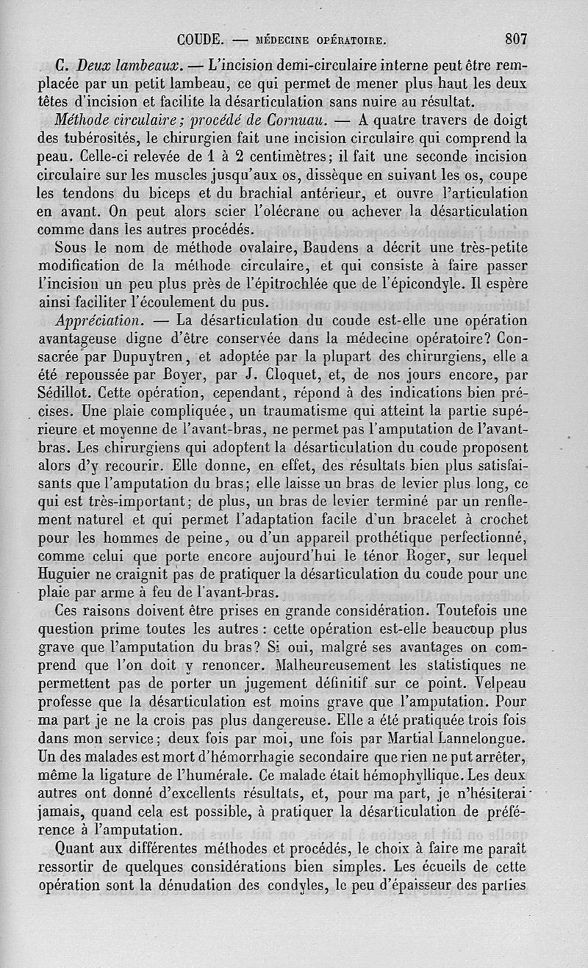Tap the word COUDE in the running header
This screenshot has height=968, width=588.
pos(198,39)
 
